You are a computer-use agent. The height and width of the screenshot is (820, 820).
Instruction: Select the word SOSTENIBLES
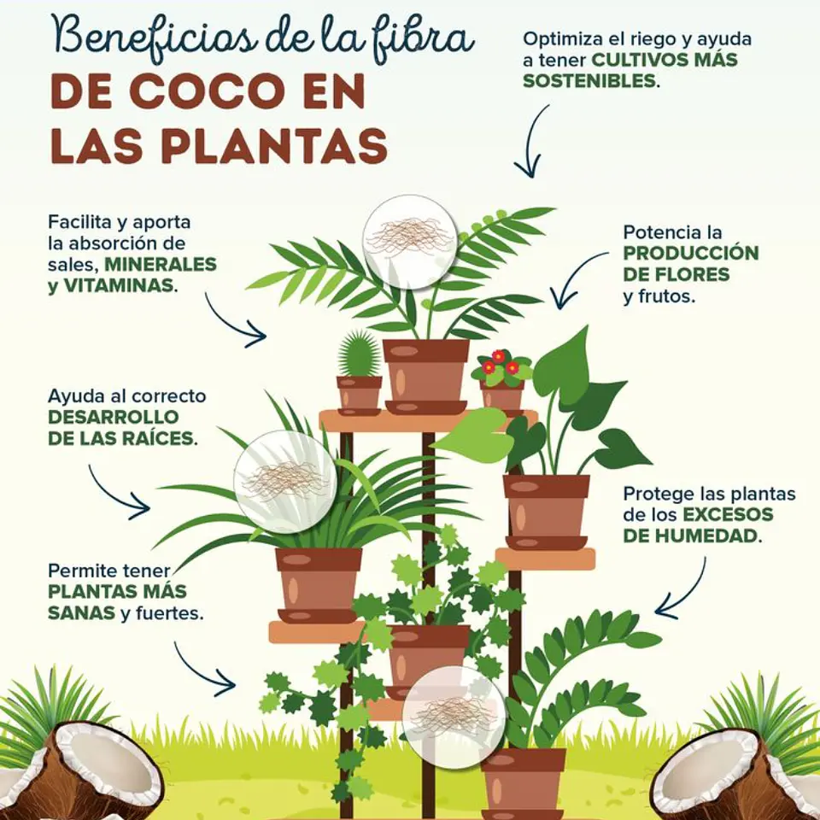click(589, 81)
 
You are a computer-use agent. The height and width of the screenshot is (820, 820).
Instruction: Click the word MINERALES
click(161, 264)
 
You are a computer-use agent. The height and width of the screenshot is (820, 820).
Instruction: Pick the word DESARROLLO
click(114, 417)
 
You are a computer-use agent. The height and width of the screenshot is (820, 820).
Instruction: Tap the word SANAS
click(82, 612)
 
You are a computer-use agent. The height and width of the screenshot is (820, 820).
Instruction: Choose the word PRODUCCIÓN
click(691, 253)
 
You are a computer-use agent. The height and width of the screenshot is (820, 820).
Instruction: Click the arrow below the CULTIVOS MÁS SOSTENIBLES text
click(530, 141)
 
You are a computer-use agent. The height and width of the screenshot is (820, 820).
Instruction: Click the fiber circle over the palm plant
click(409, 242)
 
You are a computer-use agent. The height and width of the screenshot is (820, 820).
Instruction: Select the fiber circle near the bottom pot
click(454, 717)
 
